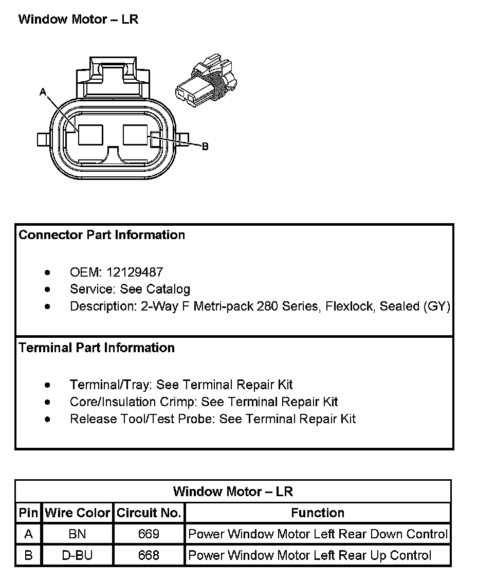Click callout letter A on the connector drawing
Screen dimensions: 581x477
(x=43, y=92)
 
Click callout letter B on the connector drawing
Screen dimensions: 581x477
(x=205, y=147)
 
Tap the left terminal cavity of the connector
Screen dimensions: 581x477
(x=90, y=135)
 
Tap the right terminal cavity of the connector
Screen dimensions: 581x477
(x=137, y=135)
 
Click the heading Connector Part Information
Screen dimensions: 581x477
(x=102, y=235)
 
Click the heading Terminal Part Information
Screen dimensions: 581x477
(x=97, y=348)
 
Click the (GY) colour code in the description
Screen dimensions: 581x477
(x=437, y=306)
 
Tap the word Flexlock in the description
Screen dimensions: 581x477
(x=350, y=306)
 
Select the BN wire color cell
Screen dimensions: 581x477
(x=77, y=534)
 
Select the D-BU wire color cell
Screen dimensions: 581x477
(x=77, y=555)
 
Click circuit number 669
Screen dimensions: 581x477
(x=149, y=534)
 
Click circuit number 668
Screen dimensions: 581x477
(x=149, y=555)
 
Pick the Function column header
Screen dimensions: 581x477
(x=318, y=513)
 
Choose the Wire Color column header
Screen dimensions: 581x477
(x=78, y=513)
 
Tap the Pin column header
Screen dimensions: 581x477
(x=28, y=513)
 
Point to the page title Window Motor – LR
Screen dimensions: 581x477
(x=78, y=20)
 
